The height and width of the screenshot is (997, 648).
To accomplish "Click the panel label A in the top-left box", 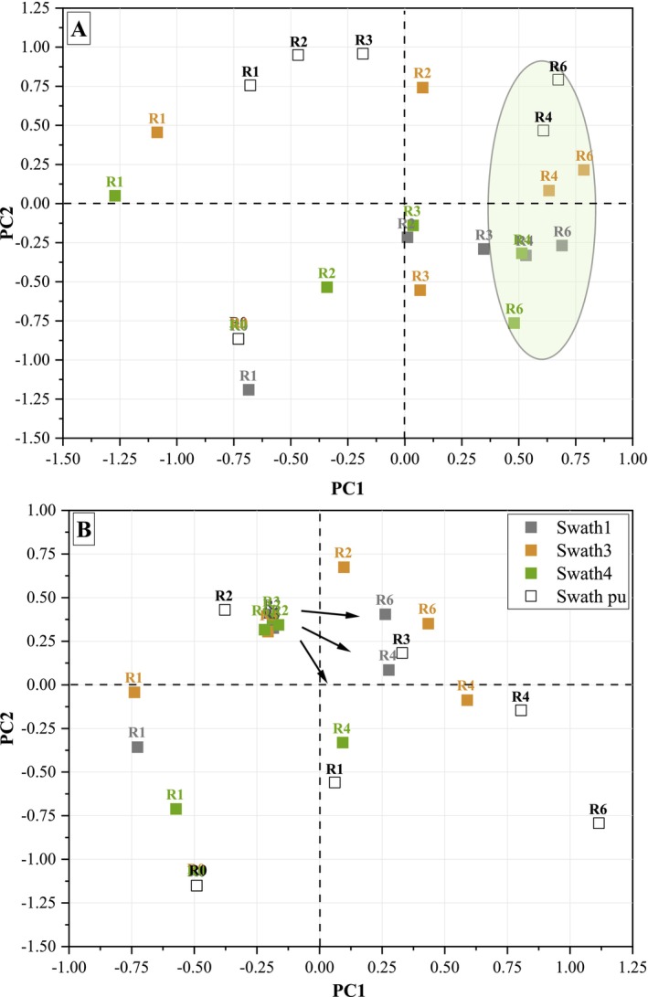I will click(x=80, y=30).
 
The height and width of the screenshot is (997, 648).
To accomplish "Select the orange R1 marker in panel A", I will click(x=157, y=133).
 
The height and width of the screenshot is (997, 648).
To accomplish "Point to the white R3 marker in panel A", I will click(x=363, y=54).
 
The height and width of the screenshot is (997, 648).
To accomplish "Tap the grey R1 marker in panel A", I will click(x=249, y=389).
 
